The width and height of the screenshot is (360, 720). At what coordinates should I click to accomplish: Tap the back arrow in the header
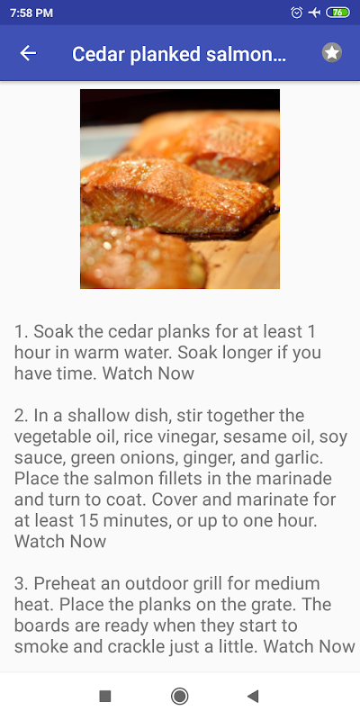28,53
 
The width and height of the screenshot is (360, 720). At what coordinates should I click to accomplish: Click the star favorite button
332,53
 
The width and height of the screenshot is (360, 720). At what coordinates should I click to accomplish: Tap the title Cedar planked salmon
179,54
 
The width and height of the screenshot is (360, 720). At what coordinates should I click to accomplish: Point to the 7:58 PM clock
31,13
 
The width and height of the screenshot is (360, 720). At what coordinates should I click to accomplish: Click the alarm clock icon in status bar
297,13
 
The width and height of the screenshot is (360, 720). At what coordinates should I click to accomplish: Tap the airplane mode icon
314,13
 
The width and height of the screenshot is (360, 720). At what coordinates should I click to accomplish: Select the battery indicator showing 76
338,13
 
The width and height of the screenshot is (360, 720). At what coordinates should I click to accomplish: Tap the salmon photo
180,189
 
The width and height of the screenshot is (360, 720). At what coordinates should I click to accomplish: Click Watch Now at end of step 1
148,373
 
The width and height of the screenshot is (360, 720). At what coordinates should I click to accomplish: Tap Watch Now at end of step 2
60,542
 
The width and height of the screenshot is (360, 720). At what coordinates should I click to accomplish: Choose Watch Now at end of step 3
309,646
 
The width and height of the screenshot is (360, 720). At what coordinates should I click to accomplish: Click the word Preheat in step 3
71,583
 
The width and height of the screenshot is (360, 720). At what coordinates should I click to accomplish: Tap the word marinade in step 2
294,479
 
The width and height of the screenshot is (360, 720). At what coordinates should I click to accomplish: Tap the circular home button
179,696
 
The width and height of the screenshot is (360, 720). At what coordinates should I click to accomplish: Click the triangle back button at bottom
253,696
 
